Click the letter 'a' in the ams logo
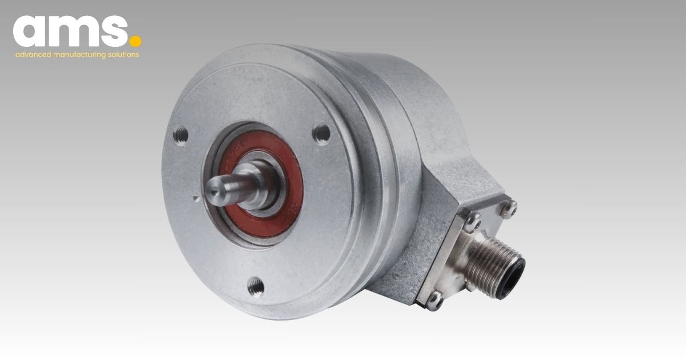click(x=31, y=32)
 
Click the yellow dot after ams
click(x=135, y=41)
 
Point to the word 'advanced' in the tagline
click(x=33, y=55)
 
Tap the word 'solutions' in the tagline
click(x=123, y=55)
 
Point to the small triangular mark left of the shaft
click(x=196, y=198)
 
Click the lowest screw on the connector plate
click(x=435, y=297)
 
